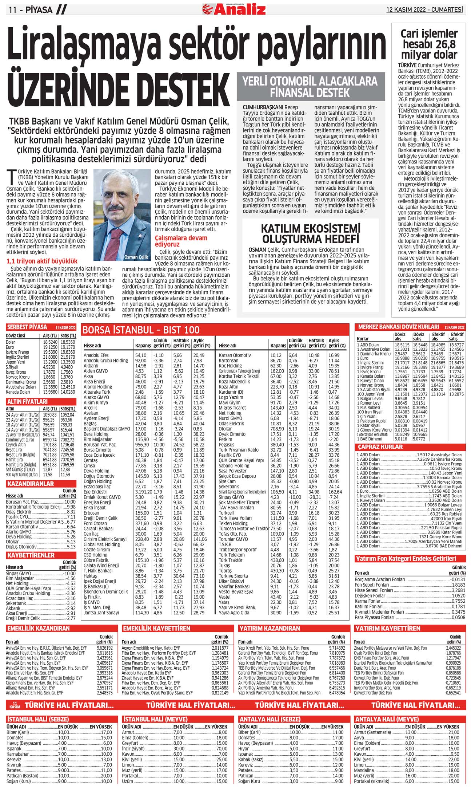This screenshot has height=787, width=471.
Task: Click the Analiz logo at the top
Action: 235,9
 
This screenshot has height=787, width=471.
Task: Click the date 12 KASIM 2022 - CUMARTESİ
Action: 424,9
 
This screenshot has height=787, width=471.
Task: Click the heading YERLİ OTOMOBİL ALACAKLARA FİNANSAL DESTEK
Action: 310,87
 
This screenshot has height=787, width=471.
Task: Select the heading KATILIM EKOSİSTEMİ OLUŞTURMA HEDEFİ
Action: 311,234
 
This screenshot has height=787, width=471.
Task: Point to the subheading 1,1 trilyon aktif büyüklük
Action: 42,261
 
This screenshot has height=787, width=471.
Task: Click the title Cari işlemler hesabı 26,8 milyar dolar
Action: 429,44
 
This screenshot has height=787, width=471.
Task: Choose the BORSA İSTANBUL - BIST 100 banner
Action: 141,330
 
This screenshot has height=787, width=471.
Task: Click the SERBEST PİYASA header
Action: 27,327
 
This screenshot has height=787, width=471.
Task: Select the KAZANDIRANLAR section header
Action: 30,484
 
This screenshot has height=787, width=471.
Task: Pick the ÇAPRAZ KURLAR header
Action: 375,447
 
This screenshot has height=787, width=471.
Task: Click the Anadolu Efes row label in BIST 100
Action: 96,355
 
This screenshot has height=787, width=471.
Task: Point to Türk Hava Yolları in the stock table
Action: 235,518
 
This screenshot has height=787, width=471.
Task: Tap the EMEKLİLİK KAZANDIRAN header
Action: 38,628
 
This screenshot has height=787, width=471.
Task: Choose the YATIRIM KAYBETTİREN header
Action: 388,628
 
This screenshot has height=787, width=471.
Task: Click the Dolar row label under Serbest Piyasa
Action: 11,342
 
